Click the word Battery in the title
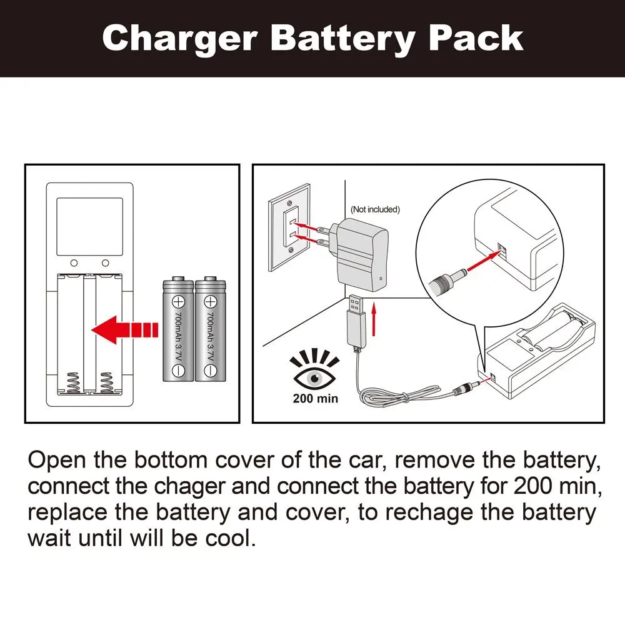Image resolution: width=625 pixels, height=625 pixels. click(x=342, y=39)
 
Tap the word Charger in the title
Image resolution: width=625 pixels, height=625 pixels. click(x=180, y=39)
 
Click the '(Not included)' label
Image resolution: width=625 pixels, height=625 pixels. click(x=375, y=209)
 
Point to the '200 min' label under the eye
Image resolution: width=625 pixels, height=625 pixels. click(x=315, y=398)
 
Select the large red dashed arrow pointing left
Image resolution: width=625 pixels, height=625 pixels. click(x=125, y=329)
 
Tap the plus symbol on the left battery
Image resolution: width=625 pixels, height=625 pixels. click(x=178, y=302)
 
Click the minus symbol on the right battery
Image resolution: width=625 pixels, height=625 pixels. click(x=210, y=371)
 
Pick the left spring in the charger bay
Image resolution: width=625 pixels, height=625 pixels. click(x=72, y=382)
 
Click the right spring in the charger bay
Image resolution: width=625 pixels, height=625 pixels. click(x=106, y=382)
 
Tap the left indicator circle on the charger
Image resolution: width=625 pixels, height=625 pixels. click(x=74, y=263)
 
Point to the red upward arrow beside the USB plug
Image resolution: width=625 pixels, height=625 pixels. click(x=374, y=319)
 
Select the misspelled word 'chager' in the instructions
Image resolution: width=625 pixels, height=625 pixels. click(x=191, y=486)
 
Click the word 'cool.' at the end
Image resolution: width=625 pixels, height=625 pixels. click(x=231, y=539)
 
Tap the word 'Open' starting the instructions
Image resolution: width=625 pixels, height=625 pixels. click(x=57, y=461)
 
